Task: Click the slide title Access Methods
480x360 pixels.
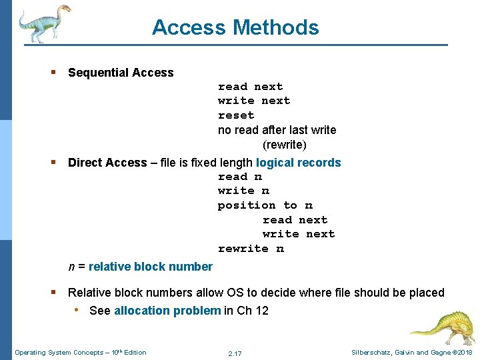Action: (235, 27)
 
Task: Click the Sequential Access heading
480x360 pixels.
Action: (121, 73)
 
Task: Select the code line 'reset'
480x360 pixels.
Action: (236, 115)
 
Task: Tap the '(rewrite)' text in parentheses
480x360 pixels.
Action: (285, 145)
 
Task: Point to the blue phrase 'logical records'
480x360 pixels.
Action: (298, 163)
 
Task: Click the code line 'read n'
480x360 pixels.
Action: (240, 177)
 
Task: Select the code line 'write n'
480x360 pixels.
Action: (243, 191)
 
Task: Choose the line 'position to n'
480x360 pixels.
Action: (265, 205)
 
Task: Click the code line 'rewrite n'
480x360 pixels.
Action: (251, 249)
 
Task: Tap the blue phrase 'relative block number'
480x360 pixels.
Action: (150, 267)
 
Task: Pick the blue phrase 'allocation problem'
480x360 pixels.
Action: (167, 310)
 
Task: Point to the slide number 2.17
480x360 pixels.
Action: (235, 353)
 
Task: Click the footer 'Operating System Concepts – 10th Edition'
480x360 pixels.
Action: (81, 352)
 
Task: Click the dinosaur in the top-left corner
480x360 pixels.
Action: (43, 23)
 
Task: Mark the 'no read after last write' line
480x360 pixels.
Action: (277, 130)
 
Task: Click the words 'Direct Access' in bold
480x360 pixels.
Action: (107, 163)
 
